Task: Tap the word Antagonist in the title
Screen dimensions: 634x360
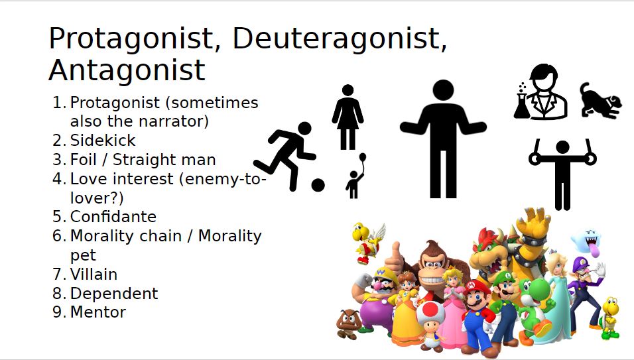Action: tap(127, 70)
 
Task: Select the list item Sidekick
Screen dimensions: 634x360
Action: tap(103, 140)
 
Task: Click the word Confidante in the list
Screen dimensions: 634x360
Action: tap(113, 217)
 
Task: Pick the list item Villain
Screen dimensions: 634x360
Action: tap(94, 274)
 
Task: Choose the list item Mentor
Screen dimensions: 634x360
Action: tap(98, 312)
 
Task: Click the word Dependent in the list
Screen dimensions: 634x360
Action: tap(114, 293)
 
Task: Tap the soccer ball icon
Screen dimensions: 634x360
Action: tap(318, 185)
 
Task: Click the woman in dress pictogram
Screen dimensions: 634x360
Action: tap(348, 117)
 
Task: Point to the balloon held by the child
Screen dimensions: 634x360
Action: tap(362, 156)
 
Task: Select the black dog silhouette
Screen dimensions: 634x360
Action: tap(600, 101)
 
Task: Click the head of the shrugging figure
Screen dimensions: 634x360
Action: tap(443, 90)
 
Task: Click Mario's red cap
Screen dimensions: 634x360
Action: tap(477, 288)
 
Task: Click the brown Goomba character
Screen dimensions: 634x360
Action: tap(349, 324)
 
